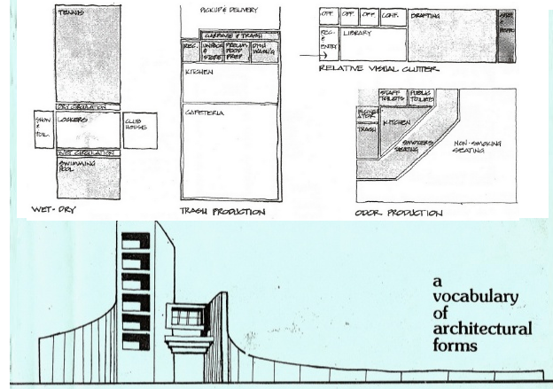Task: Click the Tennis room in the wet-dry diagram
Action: point(88,53)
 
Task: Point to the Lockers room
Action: point(88,129)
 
